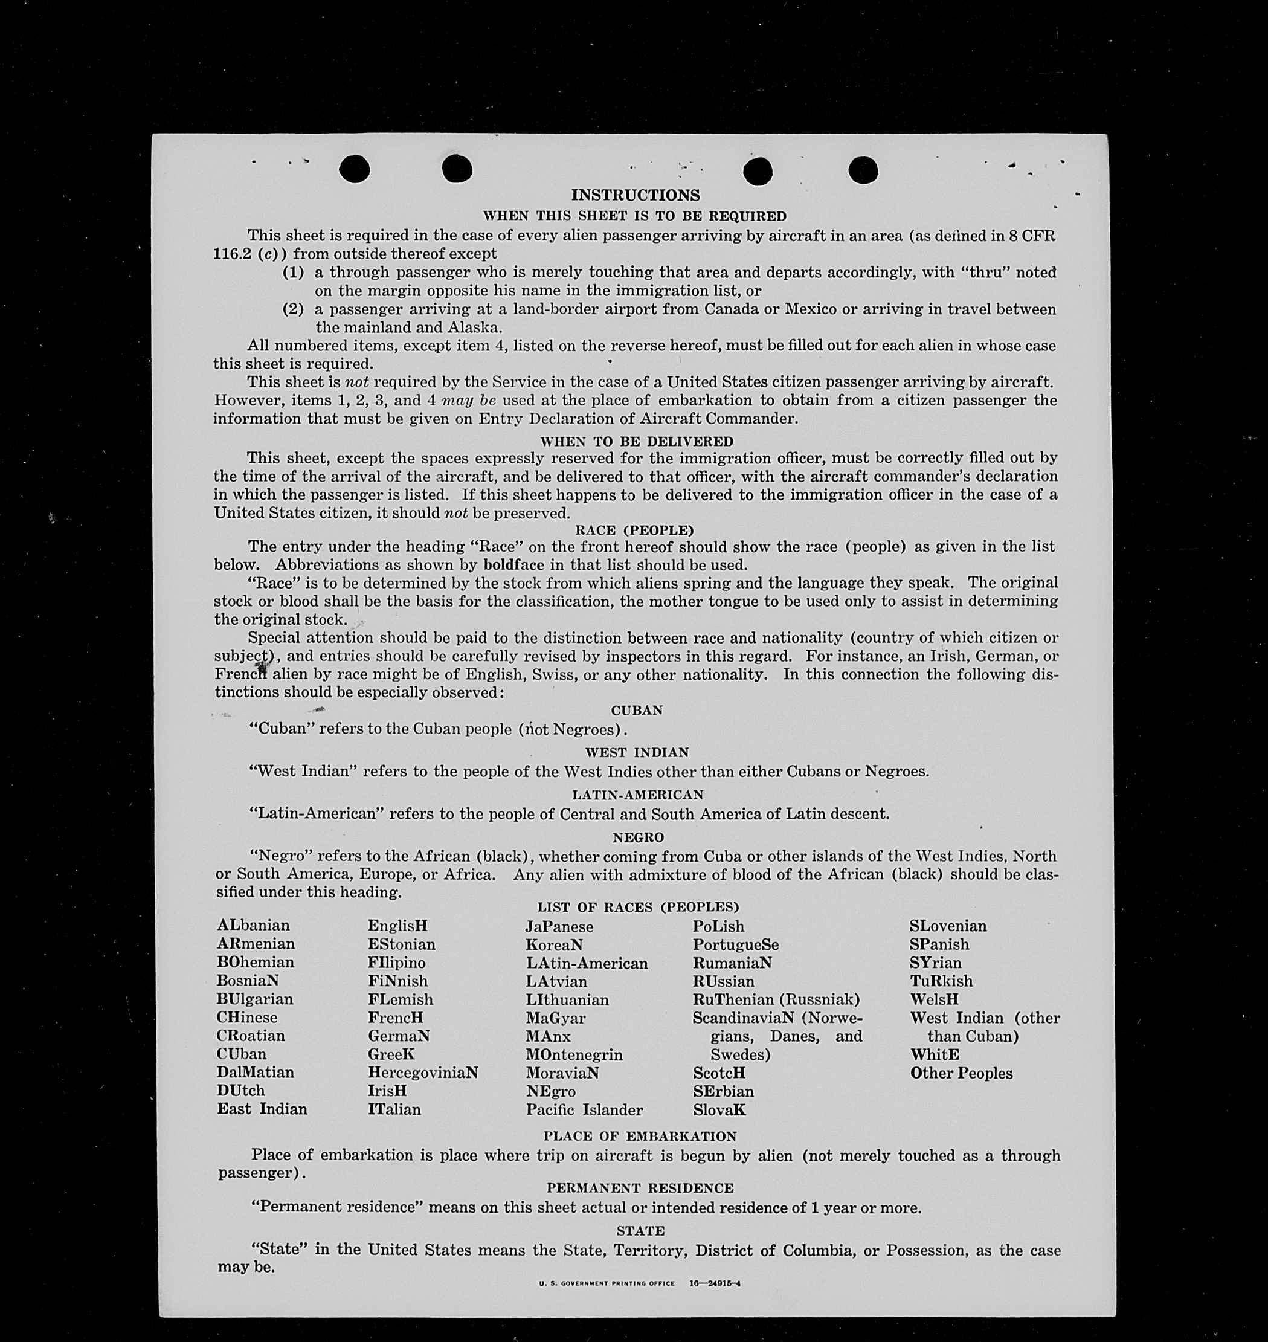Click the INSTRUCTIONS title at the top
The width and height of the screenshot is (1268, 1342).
click(x=636, y=195)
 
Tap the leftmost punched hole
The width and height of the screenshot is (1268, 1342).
click(x=354, y=169)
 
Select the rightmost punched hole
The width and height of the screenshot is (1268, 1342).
click(x=863, y=170)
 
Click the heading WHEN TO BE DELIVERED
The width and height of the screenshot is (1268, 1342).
click(x=636, y=442)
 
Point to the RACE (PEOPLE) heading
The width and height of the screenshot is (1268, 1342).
click(x=634, y=530)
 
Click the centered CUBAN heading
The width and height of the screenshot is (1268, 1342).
click(x=637, y=711)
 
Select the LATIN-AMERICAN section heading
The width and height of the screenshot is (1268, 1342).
click(x=637, y=795)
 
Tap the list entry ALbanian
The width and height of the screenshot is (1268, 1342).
click(x=254, y=926)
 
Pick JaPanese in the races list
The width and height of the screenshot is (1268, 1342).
click(x=559, y=927)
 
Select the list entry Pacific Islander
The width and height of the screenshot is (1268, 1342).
click(x=584, y=1109)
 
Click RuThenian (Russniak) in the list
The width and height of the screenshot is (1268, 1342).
click(x=776, y=999)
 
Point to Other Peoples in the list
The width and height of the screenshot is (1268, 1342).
click(x=961, y=1073)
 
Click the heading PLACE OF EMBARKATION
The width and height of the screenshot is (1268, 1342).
click(x=639, y=1137)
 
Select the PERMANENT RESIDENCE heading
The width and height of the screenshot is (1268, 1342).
click(x=639, y=1188)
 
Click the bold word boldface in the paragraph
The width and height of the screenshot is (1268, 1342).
click(x=513, y=564)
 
